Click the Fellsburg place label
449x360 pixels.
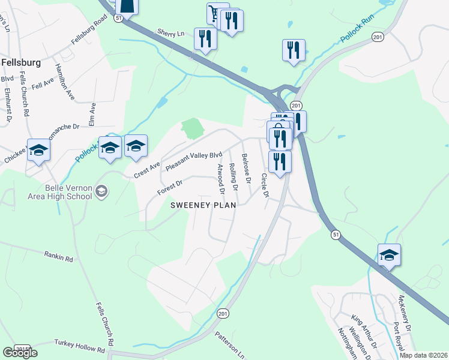point(20,62)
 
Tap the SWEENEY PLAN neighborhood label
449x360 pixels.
point(203,205)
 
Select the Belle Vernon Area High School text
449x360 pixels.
point(59,192)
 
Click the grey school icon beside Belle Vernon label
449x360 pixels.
point(101,191)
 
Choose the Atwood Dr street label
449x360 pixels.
point(220,179)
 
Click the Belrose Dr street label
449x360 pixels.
point(246,169)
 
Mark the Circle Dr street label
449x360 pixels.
point(263,186)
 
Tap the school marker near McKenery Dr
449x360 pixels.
point(389,256)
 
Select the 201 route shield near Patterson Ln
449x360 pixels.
point(223,313)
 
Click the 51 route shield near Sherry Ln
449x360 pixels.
point(118,19)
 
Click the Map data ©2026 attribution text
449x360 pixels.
point(423,355)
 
